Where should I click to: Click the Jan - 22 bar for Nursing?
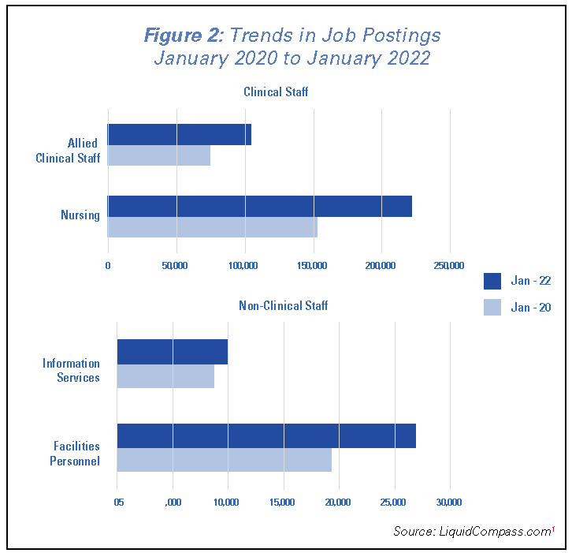pyautogui.click(x=259, y=206)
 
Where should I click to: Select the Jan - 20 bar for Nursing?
pyautogui.click(x=212, y=227)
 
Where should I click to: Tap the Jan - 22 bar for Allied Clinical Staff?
pyautogui.click(x=179, y=134)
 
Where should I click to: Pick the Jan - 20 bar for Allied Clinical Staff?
pyautogui.click(x=158, y=155)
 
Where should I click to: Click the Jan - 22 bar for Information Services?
pyautogui.click(x=172, y=352)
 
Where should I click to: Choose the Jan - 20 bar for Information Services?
pyautogui.click(x=165, y=376)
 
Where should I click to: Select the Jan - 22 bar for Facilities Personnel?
pyautogui.click(x=266, y=435)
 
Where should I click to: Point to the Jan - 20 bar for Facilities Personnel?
pyautogui.click(x=224, y=460)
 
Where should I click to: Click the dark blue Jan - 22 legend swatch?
pyautogui.click(x=492, y=281)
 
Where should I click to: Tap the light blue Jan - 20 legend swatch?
pyautogui.click(x=492, y=307)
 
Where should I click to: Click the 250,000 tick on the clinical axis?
pyautogui.click(x=449, y=266)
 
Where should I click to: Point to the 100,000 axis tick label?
pyautogui.click(x=244, y=266)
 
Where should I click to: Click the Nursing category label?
pyautogui.click(x=80, y=215)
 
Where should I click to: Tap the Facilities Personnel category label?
pyautogui.click(x=72, y=454)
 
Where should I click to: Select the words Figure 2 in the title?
pyautogui.click(x=184, y=35)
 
